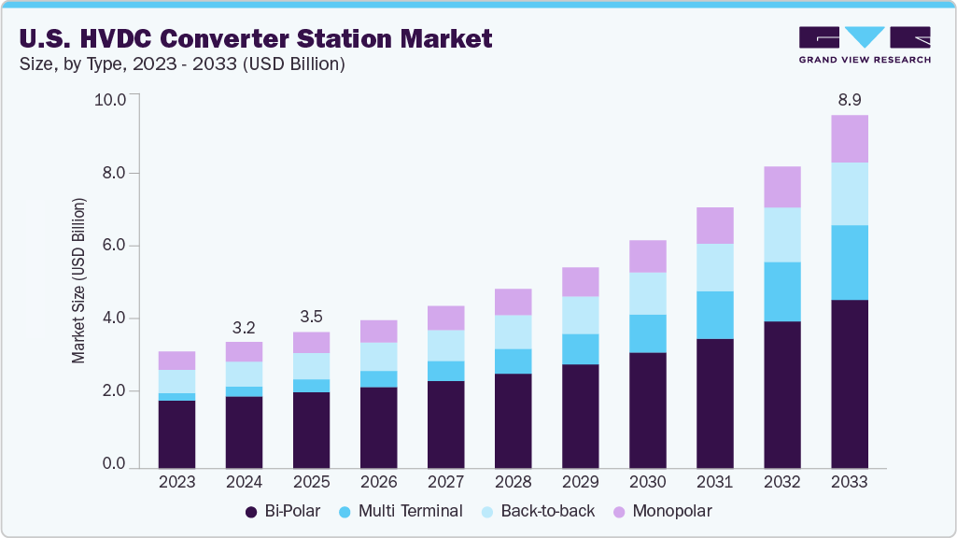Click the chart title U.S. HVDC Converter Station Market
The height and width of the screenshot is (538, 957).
click(x=255, y=38)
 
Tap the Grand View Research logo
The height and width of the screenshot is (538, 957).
click(x=865, y=45)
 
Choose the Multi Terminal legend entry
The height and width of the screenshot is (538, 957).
click(x=401, y=511)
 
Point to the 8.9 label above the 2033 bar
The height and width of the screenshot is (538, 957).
click(x=850, y=99)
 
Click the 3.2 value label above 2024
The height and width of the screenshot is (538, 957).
click(x=244, y=327)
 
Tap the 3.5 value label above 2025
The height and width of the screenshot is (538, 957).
click(x=311, y=316)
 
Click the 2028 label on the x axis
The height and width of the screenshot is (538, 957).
click(x=513, y=482)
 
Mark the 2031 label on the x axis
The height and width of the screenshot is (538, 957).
click(x=714, y=482)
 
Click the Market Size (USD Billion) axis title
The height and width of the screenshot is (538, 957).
click(x=79, y=280)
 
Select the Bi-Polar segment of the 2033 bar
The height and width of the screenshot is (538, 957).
click(x=850, y=383)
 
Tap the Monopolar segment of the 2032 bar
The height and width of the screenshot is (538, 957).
click(x=782, y=187)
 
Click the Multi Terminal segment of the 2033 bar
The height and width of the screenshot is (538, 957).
click(x=850, y=262)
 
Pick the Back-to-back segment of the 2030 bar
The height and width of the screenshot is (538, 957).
click(x=647, y=293)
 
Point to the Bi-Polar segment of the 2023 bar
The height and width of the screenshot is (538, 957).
click(x=176, y=433)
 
